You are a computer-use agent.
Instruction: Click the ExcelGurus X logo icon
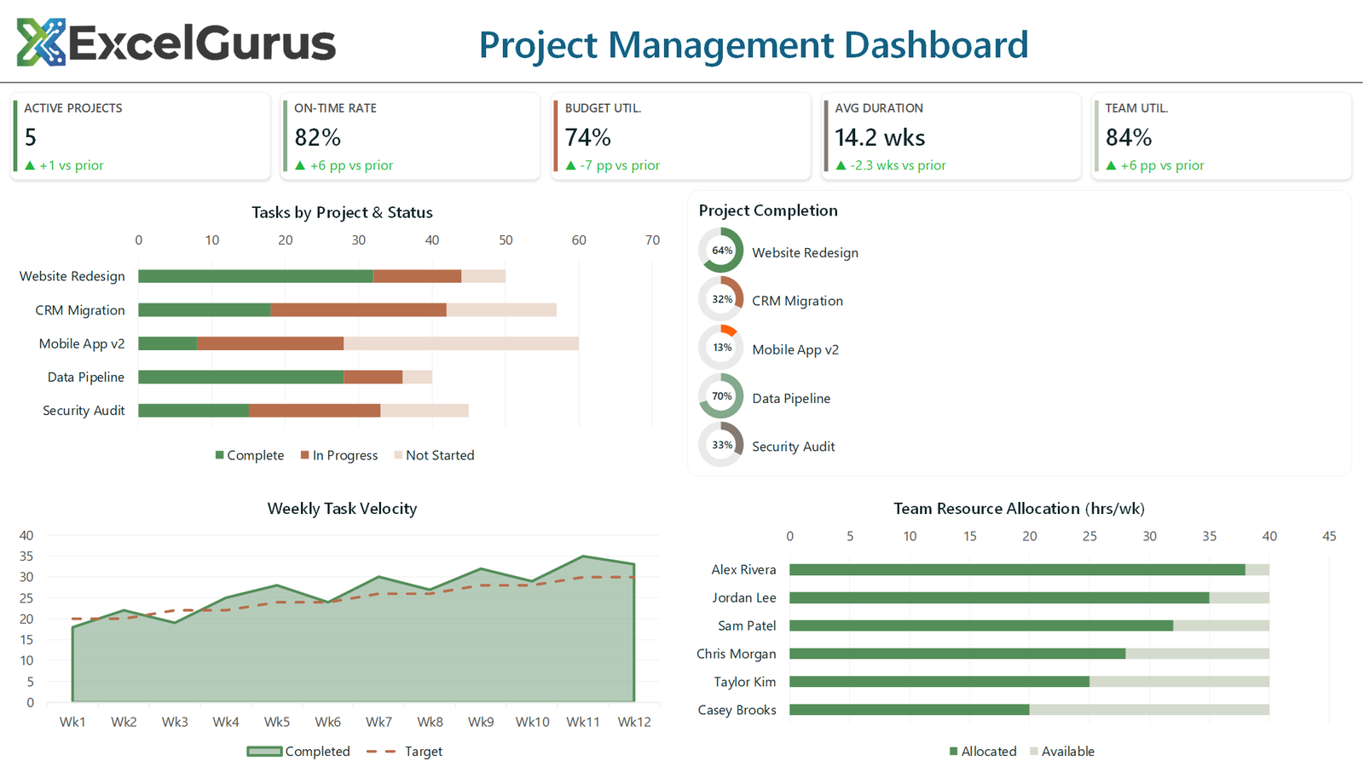(x=41, y=43)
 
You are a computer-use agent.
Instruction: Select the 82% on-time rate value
(x=317, y=137)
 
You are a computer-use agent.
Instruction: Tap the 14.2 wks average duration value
(x=879, y=137)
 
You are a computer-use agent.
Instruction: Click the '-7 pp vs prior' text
(x=619, y=165)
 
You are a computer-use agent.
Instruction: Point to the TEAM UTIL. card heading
(x=1136, y=108)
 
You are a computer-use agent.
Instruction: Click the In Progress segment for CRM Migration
(x=358, y=310)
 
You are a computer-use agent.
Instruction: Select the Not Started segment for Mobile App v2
(x=460, y=343)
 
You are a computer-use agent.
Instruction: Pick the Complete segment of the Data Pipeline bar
(x=240, y=377)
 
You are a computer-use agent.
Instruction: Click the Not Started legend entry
(x=434, y=455)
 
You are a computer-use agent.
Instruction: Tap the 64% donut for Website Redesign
(x=721, y=251)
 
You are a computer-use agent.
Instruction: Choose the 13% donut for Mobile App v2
(x=721, y=348)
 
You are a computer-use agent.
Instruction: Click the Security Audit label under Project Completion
(x=793, y=447)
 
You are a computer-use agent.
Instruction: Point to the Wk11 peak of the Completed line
(x=583, y=556)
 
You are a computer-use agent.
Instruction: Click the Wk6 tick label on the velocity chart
(x=327, y=722)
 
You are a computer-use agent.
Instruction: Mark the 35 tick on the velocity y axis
(x=26, y=556)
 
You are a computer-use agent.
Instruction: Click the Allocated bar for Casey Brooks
(x=909, y=710)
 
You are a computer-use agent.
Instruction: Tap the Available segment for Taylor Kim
(x=1179, y=682)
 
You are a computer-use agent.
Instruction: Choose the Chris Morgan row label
(x=736, y=654)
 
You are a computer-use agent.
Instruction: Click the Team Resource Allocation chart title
(x=1019, y=509)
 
